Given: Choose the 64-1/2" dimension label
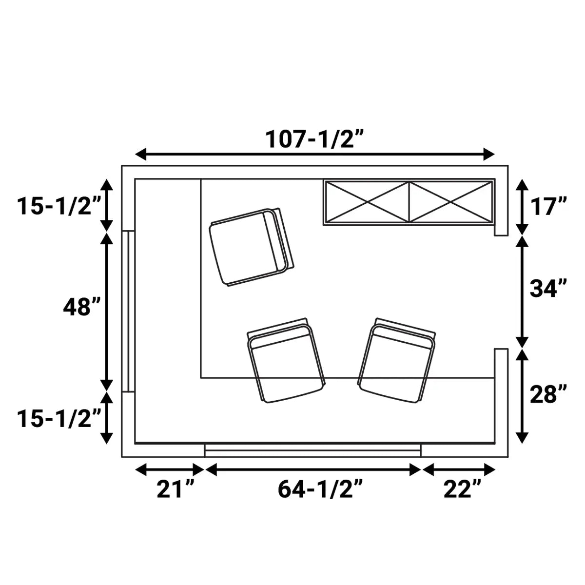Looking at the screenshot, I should point(321,489).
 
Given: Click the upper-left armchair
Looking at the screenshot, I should point(251,247).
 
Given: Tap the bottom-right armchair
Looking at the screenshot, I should point(396,361).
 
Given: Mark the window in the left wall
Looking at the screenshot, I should point(128,311).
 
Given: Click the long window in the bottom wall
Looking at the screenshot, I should point(312,450).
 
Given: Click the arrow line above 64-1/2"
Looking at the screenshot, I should point(313,470).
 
